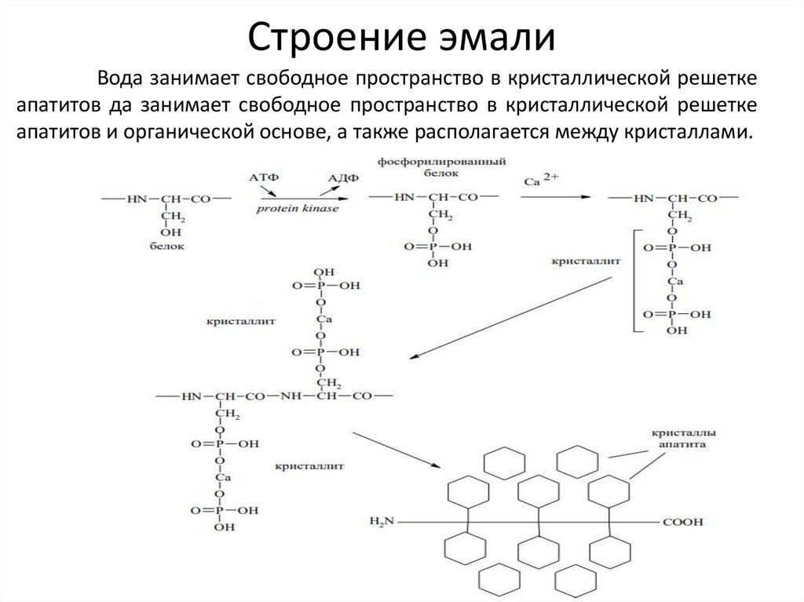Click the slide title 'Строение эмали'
pyautogui.click(x=402, y=38)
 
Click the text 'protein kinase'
pyautogui.click(x=297, y=210)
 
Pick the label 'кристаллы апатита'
pyautogui.click(x=682, y=438)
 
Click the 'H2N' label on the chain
pyautogui.click(x=386, y=521)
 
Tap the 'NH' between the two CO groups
pyautogui.click(x=291, y=396)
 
